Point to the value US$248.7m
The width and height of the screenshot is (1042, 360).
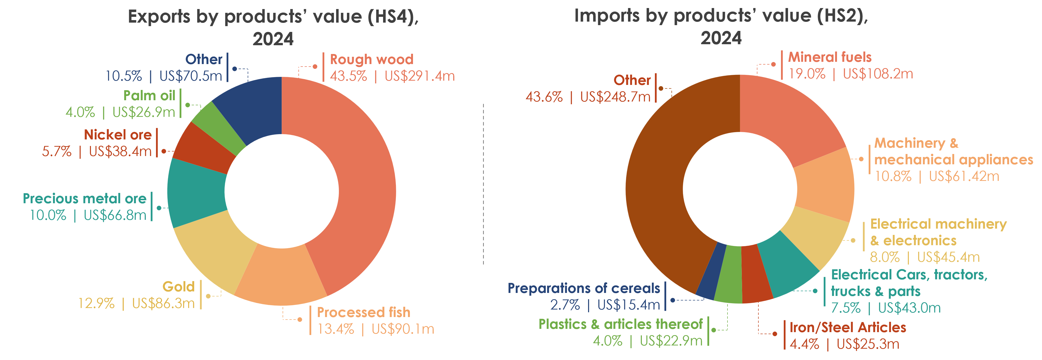click(615, 97)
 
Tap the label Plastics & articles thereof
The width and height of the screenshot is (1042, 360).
click(620, 324)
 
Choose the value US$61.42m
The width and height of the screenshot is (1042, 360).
click(964, 176)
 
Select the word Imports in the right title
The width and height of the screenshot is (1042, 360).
click(607, 16)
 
